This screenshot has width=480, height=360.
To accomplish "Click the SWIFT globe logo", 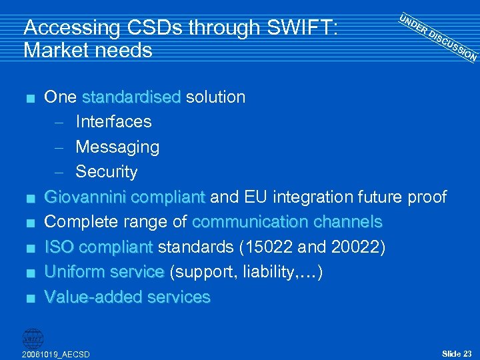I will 33,337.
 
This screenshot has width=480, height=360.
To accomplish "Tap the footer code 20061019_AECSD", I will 55,354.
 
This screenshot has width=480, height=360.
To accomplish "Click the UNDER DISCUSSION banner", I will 437,37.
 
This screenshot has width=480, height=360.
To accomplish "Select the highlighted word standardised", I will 131,97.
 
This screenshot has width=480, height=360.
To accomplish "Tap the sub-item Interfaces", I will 113,122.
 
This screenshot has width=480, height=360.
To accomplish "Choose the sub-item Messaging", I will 117,147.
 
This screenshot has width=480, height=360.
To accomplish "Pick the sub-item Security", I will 107,172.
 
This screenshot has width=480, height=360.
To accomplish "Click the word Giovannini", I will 86,197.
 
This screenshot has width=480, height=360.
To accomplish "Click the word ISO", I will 58,247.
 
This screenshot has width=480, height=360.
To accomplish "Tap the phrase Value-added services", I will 127,297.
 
